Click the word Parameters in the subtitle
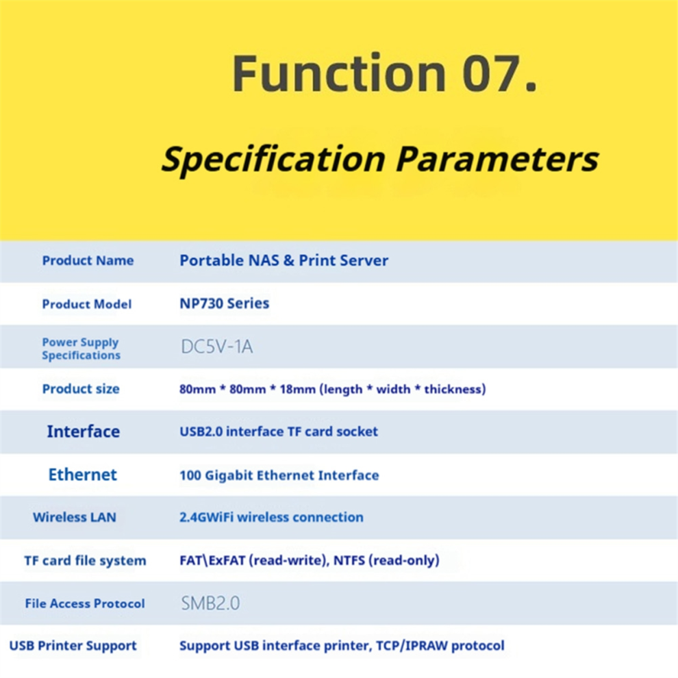[497, 159]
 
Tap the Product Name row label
[88, 260]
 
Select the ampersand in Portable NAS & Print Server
[289, 260]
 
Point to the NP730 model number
[201, 303]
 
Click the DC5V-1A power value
[216, 347]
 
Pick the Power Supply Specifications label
[81, 349]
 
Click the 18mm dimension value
[297, 389]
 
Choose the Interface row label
[84, 431]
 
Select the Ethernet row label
[83, 475]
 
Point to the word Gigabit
[229, 476]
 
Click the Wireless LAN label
[75, 517]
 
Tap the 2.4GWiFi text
[206, 517]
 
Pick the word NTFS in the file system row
[349, 560]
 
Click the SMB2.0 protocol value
[210, 603]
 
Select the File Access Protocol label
[85, 603]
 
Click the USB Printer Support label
[73, 646]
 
